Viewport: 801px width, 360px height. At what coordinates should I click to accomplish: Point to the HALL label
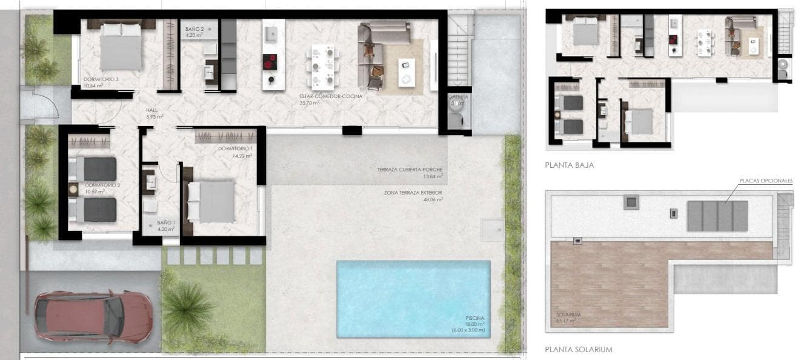click(151, 110)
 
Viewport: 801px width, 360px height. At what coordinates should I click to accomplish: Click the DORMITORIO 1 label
click(235, 149)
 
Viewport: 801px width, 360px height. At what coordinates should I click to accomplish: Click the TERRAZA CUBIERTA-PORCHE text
click(410, 170)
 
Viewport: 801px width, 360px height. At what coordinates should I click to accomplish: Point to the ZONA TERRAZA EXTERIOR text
click(413, 192)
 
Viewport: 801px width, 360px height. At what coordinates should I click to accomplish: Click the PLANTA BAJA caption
click(569, 164)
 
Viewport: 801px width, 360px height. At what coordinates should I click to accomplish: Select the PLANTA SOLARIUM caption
click(578, 349)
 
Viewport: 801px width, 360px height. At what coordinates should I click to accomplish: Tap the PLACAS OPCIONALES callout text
click(765, 181)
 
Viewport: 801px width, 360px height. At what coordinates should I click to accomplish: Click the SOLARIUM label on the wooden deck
click(568, 315)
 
